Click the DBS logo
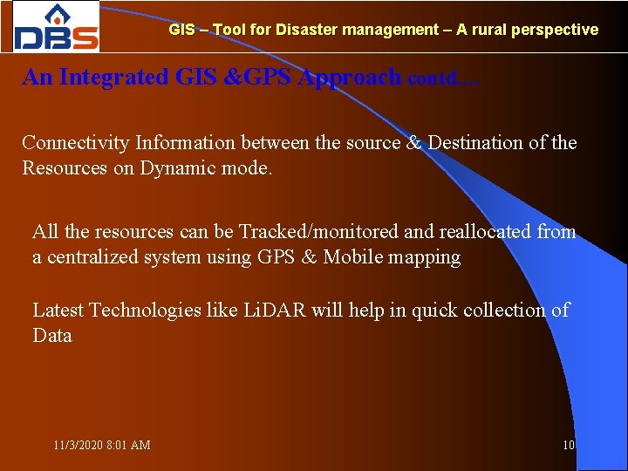click(x=57, y=27)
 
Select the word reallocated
click(x=482, y=231)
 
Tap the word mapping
click(x=427, y=258)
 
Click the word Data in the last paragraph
click(x=51, y=336)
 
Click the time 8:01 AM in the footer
click(x=128, y=445)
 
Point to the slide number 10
click(x=569, y=445)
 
